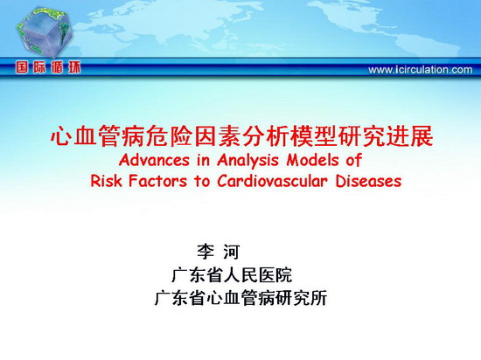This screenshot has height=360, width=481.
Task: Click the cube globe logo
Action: [45, 31]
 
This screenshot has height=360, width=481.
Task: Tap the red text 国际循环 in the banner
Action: [48, 67]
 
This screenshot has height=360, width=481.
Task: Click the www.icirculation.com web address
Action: [421, 70]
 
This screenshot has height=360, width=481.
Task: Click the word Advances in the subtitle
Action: [154, 160]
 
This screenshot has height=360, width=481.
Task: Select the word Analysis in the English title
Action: [247, 161]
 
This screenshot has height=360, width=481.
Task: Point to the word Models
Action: [312, 160]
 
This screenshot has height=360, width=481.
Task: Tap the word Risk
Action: [106, 181]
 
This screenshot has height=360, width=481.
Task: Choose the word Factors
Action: [157, 181]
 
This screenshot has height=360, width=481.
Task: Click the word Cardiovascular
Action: [272, 181]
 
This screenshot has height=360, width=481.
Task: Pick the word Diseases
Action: [368, 181]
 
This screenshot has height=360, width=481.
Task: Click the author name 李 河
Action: [218, 252]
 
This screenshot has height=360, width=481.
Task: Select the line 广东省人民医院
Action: [232, 275]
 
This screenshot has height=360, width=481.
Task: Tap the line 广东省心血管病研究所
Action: [240, 297]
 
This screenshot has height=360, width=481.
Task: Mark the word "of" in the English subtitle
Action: [354, 160]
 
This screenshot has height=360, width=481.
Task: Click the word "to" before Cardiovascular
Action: [202, 182]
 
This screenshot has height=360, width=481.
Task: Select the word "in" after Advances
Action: [204, 160]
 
